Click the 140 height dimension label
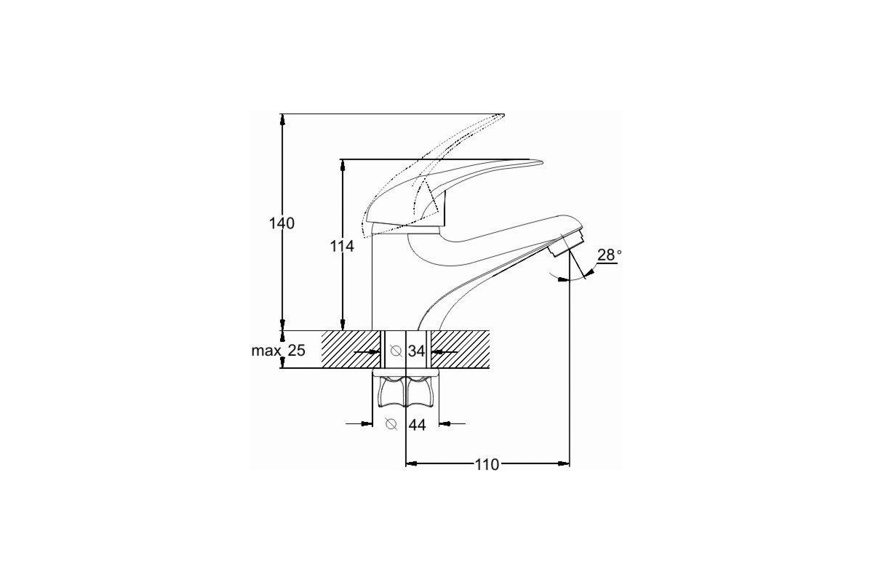click(x=282, y=223)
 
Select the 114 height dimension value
click(x=342, y=246)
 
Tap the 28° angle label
click(x=609, y=255)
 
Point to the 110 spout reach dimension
click(x=487, y=465)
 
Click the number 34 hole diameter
click(x=416, y=351)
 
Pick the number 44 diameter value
click(x=417, y=425)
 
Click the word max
click(x=266, y=351)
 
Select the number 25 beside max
click(x=297, y=351)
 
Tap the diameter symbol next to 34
click(x=396, y=351)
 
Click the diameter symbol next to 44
click(x=391, y=423)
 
